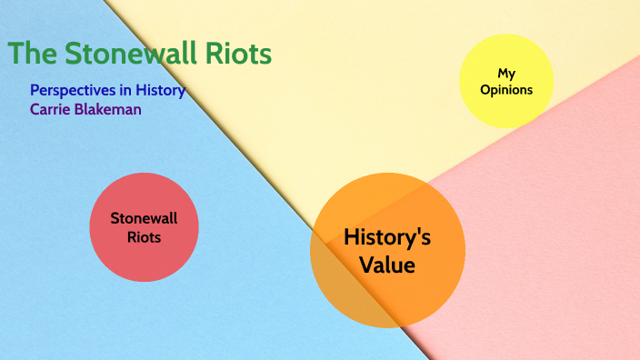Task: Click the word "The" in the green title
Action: point(34,54)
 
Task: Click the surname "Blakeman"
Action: point(108,109)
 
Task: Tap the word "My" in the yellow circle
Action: point(506,73)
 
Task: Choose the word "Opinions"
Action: point(506,89)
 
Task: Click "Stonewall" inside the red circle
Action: point(144,218)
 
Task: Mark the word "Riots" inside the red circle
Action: point(144,237)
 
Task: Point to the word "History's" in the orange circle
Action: point(387,238)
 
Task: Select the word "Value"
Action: point(387,265)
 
